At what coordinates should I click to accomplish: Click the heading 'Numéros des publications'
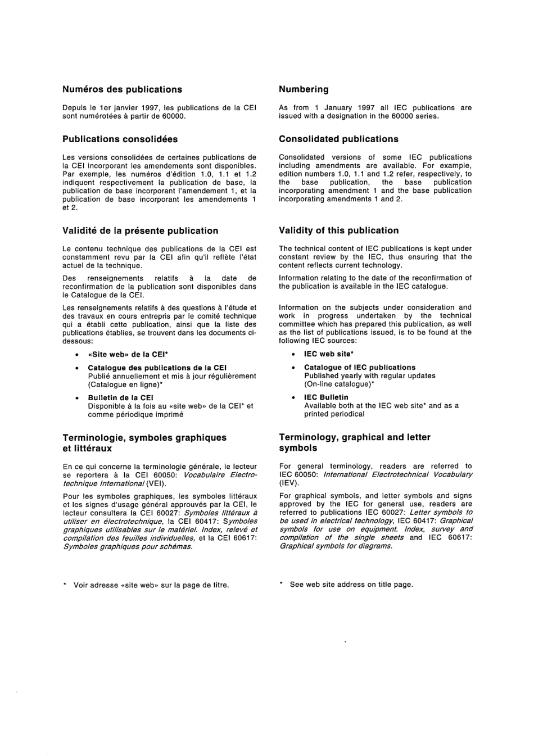point(122,89)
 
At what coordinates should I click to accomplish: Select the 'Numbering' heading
point(304,89)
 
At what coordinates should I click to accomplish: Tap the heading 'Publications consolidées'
point(120,139)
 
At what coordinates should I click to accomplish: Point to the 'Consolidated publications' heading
point(338,139)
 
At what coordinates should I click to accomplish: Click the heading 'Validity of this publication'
point(338,230)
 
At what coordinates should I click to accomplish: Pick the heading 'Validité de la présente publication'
point(140,230)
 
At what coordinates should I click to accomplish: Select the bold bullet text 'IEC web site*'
point(328,354)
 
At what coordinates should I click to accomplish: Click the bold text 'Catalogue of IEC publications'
point(360,368)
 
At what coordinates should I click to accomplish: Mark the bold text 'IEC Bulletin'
point(326,397)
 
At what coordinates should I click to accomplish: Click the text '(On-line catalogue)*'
point(340,384)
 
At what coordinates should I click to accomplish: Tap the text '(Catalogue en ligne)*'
point(125,385)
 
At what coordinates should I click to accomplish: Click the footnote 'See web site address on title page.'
point(351,585)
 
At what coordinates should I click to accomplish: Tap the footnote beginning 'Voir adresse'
point(151,585)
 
